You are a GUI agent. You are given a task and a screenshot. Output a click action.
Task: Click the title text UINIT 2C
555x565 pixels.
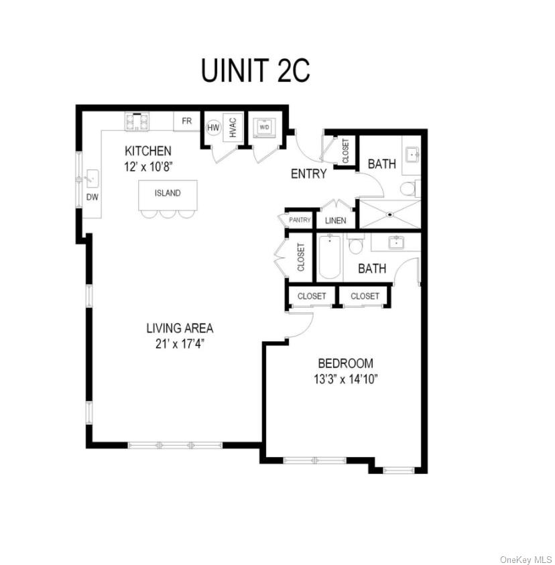coord(255,70)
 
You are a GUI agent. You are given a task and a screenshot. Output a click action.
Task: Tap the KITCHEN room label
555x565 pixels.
coord(147,151)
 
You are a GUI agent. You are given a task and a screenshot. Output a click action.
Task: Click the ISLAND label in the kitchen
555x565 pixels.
coord(168,193)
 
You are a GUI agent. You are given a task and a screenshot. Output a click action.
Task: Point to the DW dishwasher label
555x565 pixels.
coord(92,197)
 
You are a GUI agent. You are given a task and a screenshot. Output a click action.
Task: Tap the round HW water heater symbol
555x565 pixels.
coord(213,127)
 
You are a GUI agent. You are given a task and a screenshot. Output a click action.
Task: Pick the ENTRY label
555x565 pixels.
coord(309,174)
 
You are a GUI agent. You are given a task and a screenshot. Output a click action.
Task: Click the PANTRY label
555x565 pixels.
coord(300,220)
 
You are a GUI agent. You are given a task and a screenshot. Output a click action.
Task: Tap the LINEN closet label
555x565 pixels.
coord(335,221)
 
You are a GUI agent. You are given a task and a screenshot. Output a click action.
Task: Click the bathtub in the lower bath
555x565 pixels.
coord(329,257)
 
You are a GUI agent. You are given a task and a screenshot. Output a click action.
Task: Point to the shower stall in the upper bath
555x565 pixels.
coord(389,214)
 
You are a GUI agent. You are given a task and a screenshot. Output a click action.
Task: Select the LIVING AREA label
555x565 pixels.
coord(180,328)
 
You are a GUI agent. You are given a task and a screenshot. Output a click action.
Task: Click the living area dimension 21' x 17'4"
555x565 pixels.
coord(180,343)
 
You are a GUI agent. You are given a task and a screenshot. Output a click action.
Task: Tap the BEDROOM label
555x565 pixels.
coord(345,363)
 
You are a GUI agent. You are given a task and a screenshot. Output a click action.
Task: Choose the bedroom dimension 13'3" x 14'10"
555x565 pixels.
coord(345,379)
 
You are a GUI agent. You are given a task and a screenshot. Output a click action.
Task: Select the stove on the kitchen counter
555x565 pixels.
coord(137,121)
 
